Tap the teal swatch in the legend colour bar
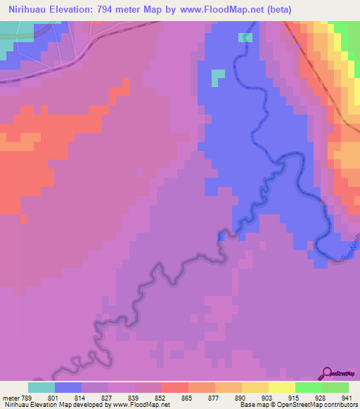pyautogui.click(x=41, y=387)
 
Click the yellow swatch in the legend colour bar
pyautogui.click(x=281, y=387)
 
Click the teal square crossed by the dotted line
pyautogui.click(x=245, y=37)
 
